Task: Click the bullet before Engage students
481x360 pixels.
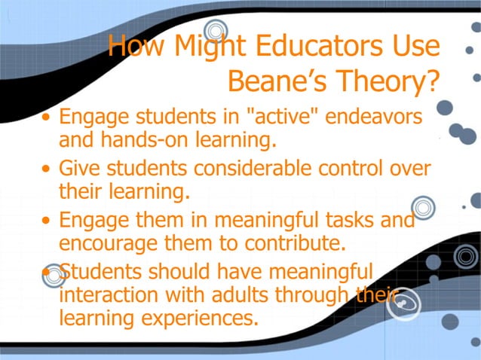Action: [47, 119]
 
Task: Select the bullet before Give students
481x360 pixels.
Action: [47, 168]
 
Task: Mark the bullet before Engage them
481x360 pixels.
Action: [47, 221]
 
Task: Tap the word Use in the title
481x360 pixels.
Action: [413, 47]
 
